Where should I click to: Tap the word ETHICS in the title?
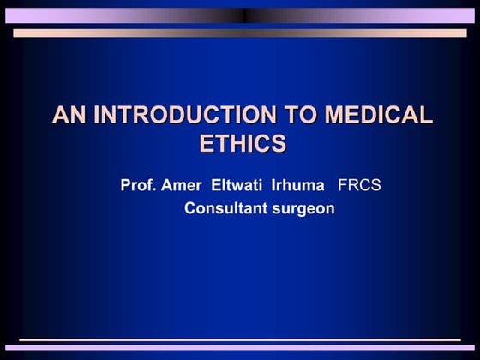(x=243, y=143)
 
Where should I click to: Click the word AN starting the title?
(x=69, y=116)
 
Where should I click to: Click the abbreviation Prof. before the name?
(x=138, y=186)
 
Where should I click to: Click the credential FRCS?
(x=361, y=186)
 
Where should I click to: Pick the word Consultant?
(x=224, y=208)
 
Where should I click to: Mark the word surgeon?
(x=301, y=208)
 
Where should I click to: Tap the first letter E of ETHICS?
(x=207, y=143)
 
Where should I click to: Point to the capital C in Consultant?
(x=191, y=208)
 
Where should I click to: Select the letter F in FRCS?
(x=344, y=186)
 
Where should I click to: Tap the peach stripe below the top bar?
(x=240, y=33)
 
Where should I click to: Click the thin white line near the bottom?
(x=240, y=340)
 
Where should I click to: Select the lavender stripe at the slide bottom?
(x=240, y=348)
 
